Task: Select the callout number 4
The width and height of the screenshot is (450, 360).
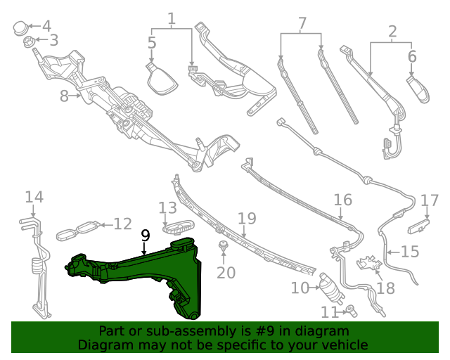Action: click(46, 26)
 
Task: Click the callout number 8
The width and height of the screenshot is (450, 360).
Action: click(64, 96)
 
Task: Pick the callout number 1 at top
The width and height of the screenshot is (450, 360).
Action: click(172, 17)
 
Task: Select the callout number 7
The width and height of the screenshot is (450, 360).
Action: click(302, 22)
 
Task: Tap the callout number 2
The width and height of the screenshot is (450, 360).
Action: click(392, 31)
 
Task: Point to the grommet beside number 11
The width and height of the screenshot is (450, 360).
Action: click(350, 309)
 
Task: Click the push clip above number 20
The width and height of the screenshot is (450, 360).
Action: click(223, 247)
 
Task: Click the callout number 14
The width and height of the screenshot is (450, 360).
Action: click(34, 198)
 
